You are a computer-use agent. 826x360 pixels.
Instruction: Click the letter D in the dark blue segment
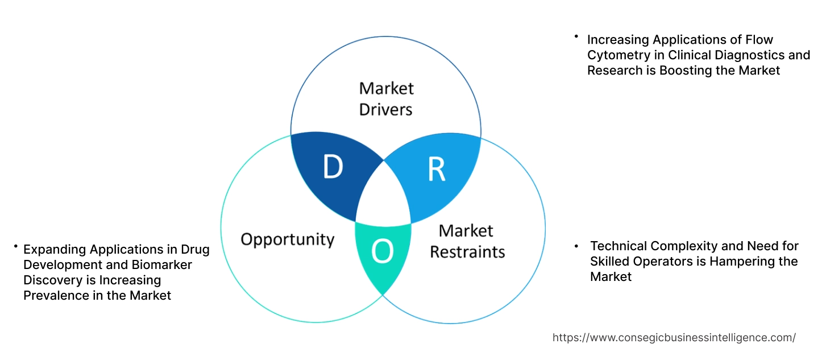[x=333, y=167]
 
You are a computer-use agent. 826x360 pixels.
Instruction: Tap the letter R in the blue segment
[x=436, y=169]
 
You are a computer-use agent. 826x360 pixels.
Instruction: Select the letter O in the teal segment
[x=382, y=253]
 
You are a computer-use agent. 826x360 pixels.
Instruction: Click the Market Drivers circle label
[x=386, y=98]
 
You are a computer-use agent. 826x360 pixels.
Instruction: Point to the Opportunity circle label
[x=287, y=239]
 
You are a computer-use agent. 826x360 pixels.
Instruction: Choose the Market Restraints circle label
[x=467, y=241]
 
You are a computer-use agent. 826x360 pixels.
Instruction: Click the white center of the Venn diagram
[x=384, y=196]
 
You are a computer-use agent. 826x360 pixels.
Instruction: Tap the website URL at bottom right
[x=674, y=337]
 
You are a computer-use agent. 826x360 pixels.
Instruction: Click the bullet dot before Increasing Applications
[x=576, y=37]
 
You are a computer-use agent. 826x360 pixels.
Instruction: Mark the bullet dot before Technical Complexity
[x=577, y=246]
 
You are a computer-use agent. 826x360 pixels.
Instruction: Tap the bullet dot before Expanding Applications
[x=16, y=246]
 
